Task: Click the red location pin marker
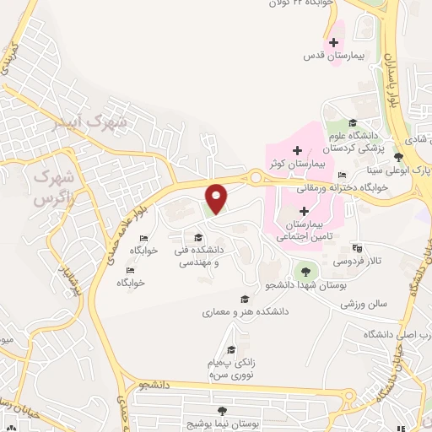pos(217,197)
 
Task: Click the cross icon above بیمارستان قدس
pos(335,41)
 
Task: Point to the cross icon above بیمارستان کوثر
pos(297,149)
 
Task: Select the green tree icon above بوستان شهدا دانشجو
pos(304,272)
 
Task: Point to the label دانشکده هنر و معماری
pos(246,311)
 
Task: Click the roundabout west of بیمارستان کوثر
pos(254,178)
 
